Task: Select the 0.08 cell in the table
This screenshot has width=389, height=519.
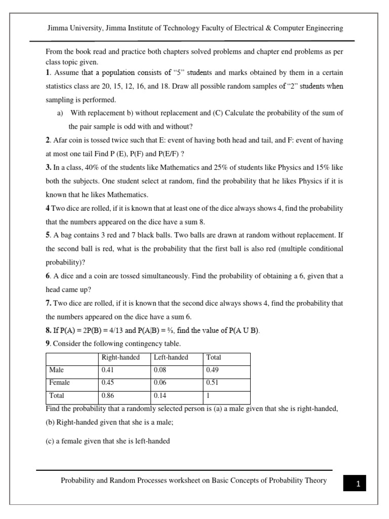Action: [160, 370]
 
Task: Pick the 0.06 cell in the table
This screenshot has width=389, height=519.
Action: [160, 383]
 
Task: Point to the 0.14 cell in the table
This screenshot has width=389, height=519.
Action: [160, 395]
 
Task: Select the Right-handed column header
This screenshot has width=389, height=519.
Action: [121, 357]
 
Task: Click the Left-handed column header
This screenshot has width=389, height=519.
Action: [171, 357]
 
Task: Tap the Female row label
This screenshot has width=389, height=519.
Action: [60, 383]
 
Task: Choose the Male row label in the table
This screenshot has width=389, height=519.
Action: [57, 370]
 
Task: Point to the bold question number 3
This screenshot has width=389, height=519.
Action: [48, 167]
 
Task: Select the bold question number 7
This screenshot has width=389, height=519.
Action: [48, 303]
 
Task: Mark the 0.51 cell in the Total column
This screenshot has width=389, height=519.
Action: [212, 383]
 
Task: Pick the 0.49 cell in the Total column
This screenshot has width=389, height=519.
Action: [212, 370]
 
